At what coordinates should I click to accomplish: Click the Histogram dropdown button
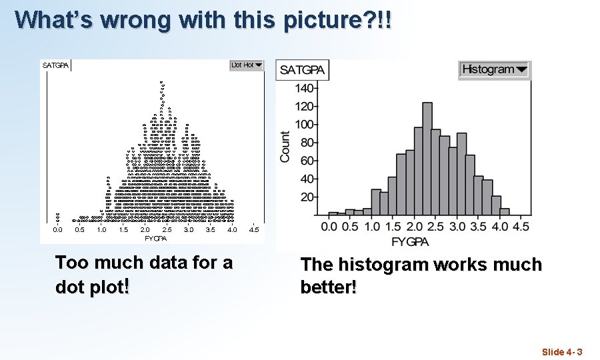494,69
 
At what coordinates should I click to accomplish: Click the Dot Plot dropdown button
247,65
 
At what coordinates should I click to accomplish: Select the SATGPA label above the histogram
303,70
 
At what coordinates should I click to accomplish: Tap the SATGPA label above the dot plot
55,65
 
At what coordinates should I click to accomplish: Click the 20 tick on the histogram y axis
307,197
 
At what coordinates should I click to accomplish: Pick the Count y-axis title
285,146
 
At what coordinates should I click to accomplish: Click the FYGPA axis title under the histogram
410,241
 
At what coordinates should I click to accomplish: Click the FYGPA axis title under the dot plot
155,238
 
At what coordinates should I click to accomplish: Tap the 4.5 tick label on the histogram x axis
521,227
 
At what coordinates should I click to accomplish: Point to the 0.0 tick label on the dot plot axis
58,230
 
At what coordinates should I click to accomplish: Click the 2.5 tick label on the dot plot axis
167,230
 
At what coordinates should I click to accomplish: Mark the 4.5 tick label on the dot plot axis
254,230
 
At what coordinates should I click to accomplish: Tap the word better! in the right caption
329,288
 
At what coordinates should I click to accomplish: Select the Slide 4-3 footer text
562,352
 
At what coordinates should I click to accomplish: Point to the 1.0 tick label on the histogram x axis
372,227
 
